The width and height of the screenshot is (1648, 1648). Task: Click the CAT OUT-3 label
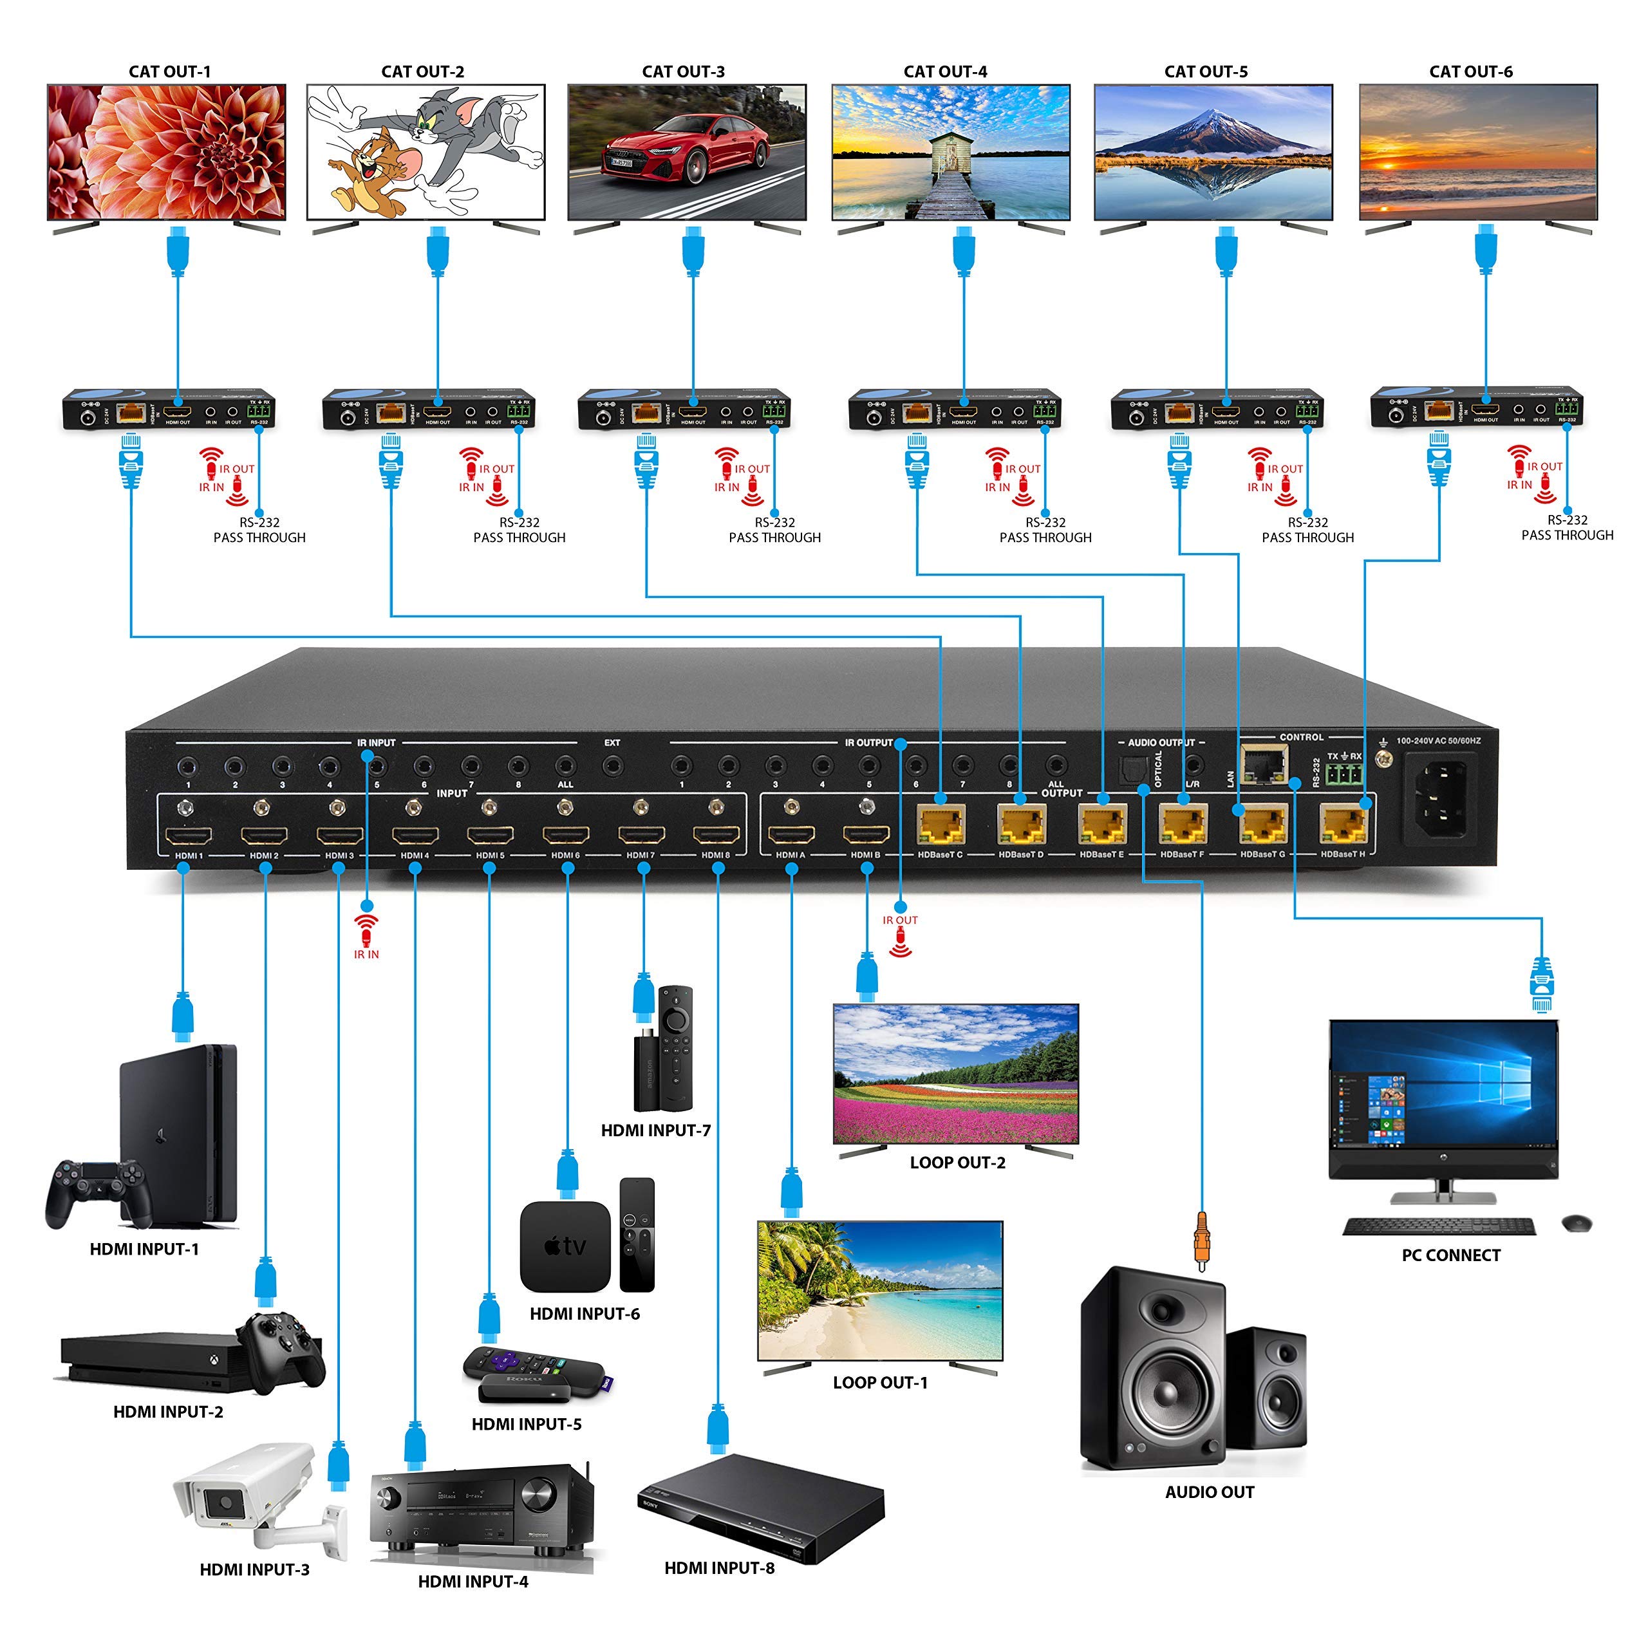682,71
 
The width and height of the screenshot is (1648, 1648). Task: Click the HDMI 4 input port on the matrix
415,835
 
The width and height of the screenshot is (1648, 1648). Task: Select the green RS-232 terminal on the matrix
1344,774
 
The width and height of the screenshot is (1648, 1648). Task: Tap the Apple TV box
565,1246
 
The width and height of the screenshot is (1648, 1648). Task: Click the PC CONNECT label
1450,1255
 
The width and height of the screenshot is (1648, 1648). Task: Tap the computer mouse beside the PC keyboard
1575,1223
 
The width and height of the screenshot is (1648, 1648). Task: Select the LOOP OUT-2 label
957,1162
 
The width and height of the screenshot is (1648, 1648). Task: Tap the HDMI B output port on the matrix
866,835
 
